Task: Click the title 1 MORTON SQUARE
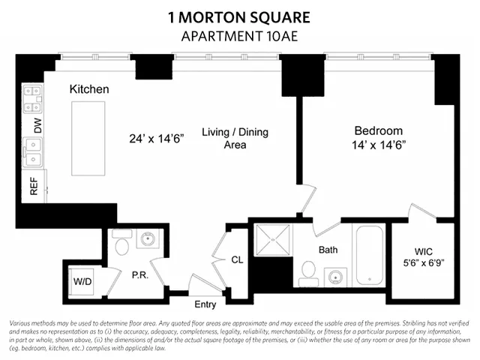coord(239,17)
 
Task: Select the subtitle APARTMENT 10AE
coord(239,36)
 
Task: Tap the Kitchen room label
coord(89,89)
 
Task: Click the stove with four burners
coord(33,95)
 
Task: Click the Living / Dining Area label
coord(235,138)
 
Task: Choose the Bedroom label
coord(378,130)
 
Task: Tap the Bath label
coord(328,249)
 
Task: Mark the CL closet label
coord(237,260)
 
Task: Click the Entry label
coord(205,304)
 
